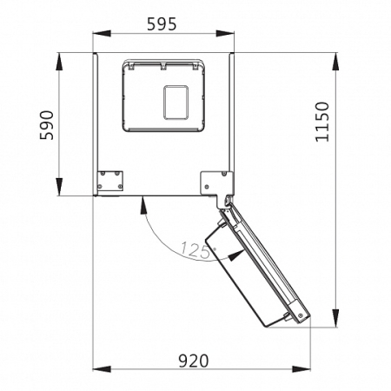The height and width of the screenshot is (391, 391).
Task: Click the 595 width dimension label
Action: pos(162,24)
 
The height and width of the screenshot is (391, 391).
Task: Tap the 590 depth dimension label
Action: pos(47,125)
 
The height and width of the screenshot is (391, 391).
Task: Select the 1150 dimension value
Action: pos(322,122)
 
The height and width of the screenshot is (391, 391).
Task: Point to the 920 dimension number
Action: pos(193,361)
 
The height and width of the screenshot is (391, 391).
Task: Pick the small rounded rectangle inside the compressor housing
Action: pos(176,103)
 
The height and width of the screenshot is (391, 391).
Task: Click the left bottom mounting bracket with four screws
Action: pos(109,181)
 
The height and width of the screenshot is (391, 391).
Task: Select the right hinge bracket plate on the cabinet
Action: pos(216,184)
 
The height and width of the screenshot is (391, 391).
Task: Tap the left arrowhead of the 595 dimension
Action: pos(102,34)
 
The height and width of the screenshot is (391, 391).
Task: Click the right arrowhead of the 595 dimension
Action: pos(225,34)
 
